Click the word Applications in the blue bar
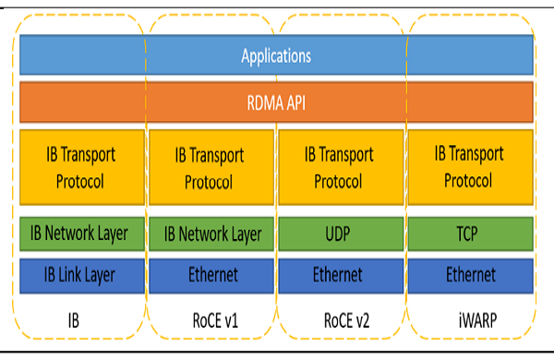(276, 55)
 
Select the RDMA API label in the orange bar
(276, 102)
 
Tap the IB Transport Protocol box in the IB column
(80, 167)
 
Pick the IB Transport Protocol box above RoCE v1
(209, 167)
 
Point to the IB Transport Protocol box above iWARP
(469, 167)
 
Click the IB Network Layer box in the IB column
(80, 234)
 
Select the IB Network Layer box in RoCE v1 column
(209, 234)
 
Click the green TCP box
(469, 234)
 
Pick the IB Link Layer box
(80, 275)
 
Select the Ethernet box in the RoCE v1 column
(209, 275)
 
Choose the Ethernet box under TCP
(469, 275)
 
